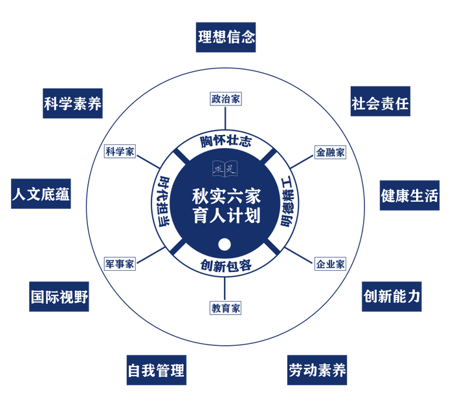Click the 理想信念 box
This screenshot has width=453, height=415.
tap(226, 36)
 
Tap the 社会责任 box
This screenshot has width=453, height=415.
tap(380, 102)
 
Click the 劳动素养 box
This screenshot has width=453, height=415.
tap(317, 370)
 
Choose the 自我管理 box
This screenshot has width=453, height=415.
tap(156, 370)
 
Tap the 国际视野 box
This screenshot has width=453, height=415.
tap(60, 297)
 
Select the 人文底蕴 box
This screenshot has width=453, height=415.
tap(41, 195)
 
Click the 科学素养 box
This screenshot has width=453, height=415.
tap(73, 103)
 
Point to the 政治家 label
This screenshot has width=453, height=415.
tap(226, 99)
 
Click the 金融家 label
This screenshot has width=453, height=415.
tap(330, 152)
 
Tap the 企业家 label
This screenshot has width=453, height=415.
tap(330, 264)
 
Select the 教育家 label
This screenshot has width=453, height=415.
tap(226, 308)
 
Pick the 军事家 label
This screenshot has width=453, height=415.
tap(120, 264)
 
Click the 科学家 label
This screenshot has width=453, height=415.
tap(120, 152)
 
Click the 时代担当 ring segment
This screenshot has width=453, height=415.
tap(164, 202)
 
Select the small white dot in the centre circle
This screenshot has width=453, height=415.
tap(225, 244)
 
